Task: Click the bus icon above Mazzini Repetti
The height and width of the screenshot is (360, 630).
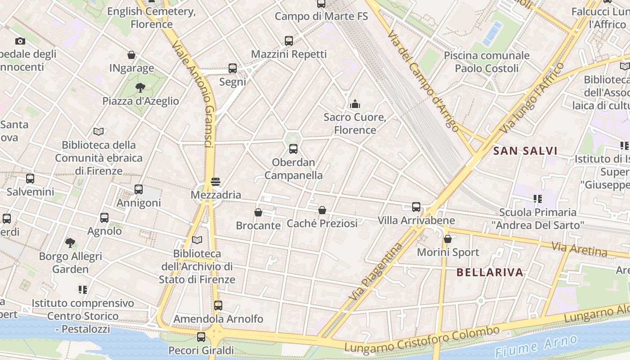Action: pyautogui.click(x=289, y=41)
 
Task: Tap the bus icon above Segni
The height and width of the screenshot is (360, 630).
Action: pyautogui.click(x=233, y=68)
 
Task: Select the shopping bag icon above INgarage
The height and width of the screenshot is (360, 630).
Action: pyautogui.click(x=131, y=55)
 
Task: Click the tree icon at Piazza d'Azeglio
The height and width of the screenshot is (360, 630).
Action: pyautogui.click(x=140, y=87)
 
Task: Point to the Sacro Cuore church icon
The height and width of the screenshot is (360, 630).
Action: pyautogui.click(x=355, y=104)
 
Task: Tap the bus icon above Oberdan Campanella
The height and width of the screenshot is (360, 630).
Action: pyautogui.click(x=293, y=149)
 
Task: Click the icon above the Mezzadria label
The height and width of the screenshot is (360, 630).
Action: pyautogui.click(x=216, y=182)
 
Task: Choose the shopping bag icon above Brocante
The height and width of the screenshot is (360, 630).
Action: pyautogui.click(x=258, y=212)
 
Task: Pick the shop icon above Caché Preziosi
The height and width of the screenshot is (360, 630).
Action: pyautogui.click(x=322, y=210)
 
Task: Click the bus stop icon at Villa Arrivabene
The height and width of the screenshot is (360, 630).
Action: pyautogui.click(x=416, y=207)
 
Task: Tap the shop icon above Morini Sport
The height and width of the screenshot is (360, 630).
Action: pyautogui.click(x=448, y=239)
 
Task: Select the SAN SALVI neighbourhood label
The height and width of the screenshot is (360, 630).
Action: pyautogui.click(x=525, y=151)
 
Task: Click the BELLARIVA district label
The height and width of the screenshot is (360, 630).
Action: pyautogui.click(x=490, y=272)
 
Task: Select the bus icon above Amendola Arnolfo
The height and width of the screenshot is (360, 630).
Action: pyautogui.click(x=218, y=306)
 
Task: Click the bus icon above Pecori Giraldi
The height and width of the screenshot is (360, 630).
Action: pyautogui.click(x=201, y=337)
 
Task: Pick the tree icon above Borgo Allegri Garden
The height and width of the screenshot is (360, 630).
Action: pyautogui.click(x=70, y=243)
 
